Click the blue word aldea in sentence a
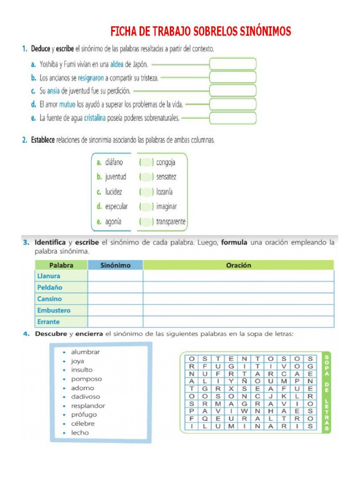coord(117,65)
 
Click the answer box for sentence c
coord(232,91)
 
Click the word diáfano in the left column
coord(114,162)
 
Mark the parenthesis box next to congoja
coord(147,163)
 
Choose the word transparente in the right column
coord(171,222)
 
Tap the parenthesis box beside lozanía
coord(147,192)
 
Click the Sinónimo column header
coord(115,265)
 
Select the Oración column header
coord(239,265)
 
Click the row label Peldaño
coord(50,287)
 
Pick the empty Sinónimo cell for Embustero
coord(115,310)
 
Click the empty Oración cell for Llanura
coord(239,276)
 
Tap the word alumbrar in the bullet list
coord(85,352)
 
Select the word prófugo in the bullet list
coord(84,414)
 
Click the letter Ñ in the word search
coord(245,381)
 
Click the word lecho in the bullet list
coord(80,433)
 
